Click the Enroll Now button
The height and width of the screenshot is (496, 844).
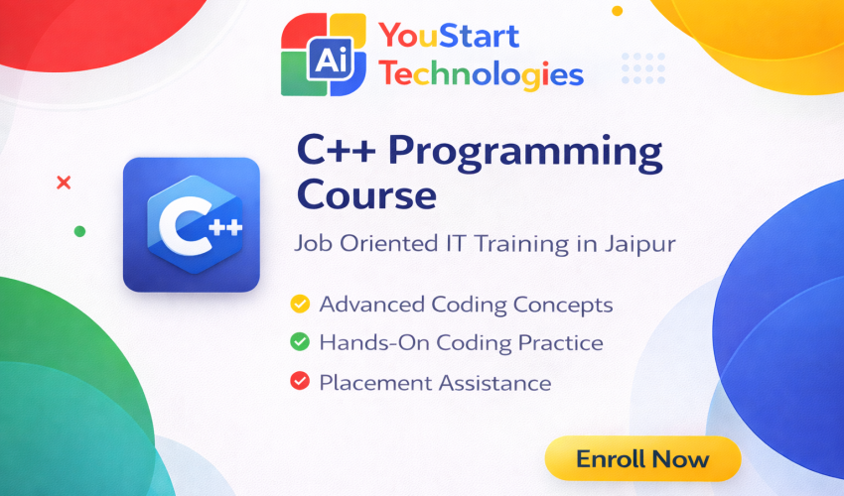point(642,459)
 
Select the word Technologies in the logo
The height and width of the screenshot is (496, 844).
point(482,73)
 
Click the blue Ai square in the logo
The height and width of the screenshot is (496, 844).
point(326,60)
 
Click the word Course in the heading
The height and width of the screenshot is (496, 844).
point(366,194)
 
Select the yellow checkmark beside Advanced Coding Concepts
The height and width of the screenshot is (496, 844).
point(298,305)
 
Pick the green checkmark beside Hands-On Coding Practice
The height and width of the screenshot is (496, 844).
point(298,343)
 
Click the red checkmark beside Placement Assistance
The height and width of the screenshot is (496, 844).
point(298,381)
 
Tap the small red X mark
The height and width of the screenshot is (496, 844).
point(65,183)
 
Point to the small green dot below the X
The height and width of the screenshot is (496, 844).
point(79,231)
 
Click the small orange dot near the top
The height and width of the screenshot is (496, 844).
point(617,11)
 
